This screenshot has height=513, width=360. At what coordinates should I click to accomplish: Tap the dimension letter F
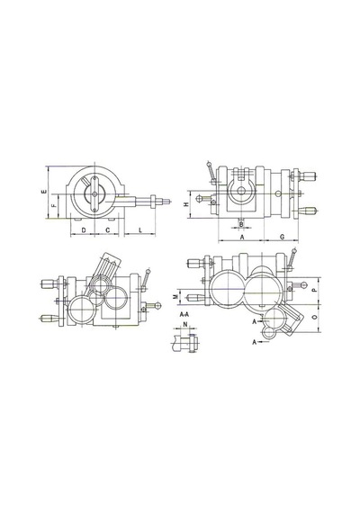[x=55, y=205]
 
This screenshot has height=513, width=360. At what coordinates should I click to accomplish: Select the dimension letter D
[x=84, y=230]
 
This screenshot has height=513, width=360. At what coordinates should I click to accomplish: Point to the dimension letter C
[x=108, y=230]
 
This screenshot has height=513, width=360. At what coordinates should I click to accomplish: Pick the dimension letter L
[x=140, y=230]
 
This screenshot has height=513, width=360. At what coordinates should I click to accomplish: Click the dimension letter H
[x=186, y=204]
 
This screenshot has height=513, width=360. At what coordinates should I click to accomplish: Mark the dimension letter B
[x=241, y=224]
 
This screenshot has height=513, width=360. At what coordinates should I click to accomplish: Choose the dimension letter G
[x=282, y=237]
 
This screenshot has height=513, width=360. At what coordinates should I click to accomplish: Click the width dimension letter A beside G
[x=242, y=237]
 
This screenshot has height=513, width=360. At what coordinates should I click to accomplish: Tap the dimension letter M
[x=175, y=296]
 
